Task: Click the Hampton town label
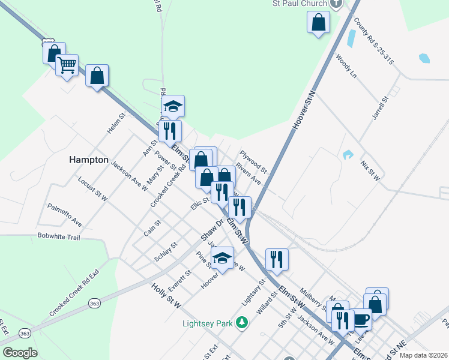click(88, 160)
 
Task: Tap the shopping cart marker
click(67, 65)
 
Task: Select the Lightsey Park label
click(207, 323)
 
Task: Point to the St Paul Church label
click(299, 3)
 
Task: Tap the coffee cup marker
click(361, 319)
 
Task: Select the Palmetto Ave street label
click(65, 214)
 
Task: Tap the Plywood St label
click(253, 163)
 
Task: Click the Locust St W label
click(92, 188)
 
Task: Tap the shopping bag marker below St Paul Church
click(318, 23)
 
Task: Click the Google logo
click(20, 353)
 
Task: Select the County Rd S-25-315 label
click(373, 41)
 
